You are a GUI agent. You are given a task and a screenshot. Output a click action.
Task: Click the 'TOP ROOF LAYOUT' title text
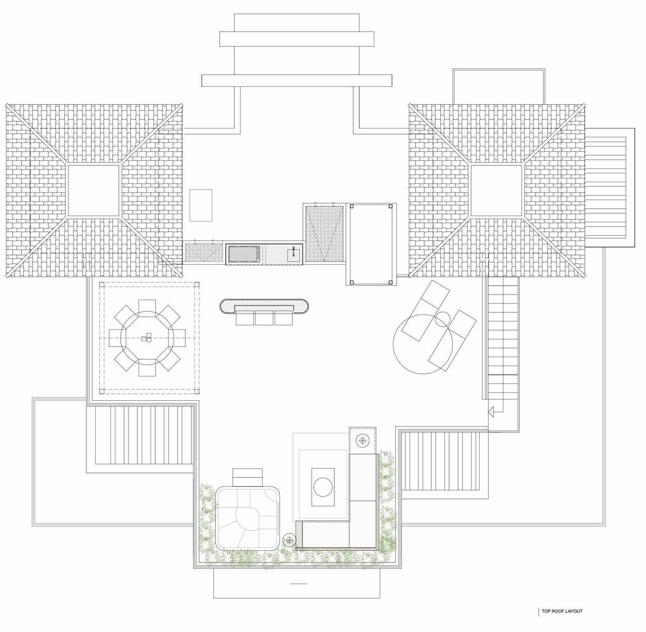[562, 611]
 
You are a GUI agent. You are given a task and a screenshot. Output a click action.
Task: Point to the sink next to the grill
[293, 253]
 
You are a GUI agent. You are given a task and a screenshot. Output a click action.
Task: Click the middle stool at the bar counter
[264, 318]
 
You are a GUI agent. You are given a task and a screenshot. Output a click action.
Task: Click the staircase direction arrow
[491, 412]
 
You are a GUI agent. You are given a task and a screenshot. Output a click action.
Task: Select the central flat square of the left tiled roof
[94, 190]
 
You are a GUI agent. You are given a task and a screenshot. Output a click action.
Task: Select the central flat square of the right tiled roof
[496, 190]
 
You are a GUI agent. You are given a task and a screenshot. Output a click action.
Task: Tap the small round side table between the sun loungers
[442, 319]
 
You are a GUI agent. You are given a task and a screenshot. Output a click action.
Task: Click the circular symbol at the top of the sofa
[363, 440]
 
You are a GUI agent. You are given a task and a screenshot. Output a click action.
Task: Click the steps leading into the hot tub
[247, 477]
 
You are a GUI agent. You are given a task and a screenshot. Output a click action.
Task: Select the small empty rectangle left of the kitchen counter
[201, 205]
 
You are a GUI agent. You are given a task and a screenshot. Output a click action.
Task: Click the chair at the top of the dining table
[147, 305]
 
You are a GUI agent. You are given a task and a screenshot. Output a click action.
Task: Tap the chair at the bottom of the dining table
[147, 371]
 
